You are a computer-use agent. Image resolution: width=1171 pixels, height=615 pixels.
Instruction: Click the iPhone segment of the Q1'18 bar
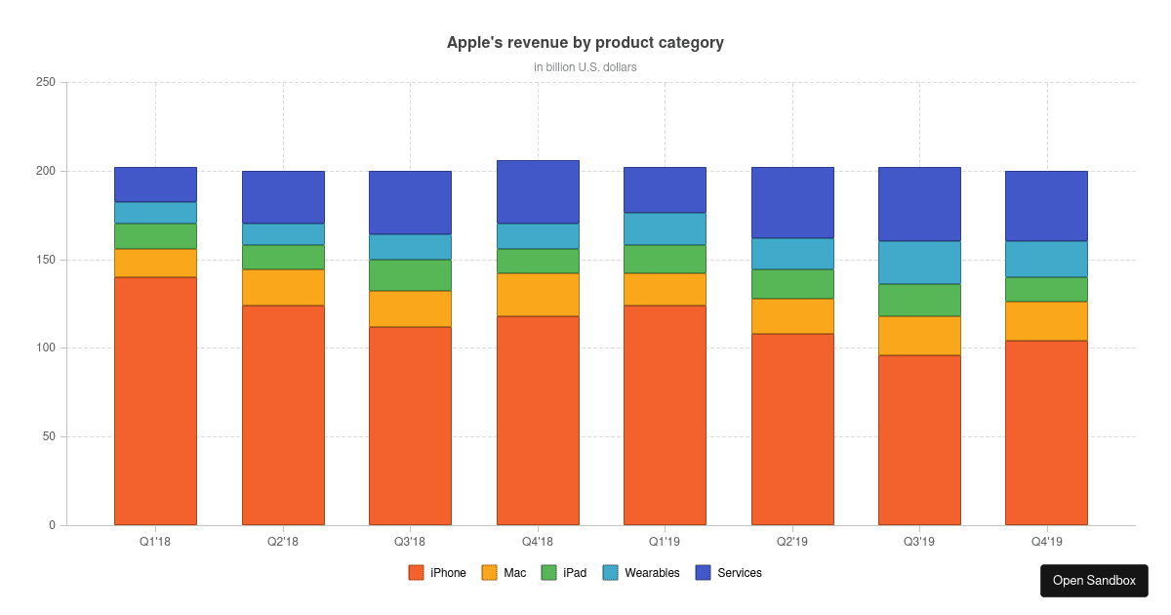click(x=155, y=401)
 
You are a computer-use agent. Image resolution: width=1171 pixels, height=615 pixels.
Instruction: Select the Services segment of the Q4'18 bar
click(x=538, y=192)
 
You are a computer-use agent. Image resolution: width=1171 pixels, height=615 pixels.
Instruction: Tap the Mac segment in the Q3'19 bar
click(x=919, y=336)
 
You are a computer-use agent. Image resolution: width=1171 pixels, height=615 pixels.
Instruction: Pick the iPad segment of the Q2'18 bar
click(x=283, y=257)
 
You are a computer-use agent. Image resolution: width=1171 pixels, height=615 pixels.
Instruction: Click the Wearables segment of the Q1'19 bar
click(x=665, y=228)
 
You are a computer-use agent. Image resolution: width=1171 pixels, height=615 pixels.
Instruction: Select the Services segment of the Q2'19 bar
click(x=792, y=203)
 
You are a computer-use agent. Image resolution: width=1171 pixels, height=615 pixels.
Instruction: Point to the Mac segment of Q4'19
click(x=1046, y=321)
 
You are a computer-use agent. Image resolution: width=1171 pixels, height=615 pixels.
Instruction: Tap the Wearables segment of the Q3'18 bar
click(x=410, y=247)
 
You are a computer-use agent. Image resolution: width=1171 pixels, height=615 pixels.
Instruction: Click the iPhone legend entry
click(x=437, y=573)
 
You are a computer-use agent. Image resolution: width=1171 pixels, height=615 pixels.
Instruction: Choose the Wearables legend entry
click(x=641, y=573)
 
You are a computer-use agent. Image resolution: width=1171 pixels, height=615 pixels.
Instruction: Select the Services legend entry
click(x=729, y=573)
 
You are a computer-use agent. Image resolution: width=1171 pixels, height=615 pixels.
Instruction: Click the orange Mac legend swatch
click(x=490, y=573)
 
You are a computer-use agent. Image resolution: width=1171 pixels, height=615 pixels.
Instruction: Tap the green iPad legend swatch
click(x=548, y=573)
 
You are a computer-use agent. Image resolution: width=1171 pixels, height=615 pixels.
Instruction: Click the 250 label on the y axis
click(x=45, y=83)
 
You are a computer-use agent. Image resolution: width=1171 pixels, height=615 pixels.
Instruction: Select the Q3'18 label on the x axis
click(x=410, y=541)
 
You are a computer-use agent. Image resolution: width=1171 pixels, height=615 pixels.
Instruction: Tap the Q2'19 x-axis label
click(x=792, y=541)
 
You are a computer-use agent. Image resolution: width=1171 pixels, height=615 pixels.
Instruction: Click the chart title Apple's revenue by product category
click(x=585, y=43)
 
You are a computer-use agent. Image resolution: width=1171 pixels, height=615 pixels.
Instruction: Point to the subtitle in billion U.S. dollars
click(x=585, y=67)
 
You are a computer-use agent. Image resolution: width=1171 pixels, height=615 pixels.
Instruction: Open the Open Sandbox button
click(x=1094, y=581)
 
